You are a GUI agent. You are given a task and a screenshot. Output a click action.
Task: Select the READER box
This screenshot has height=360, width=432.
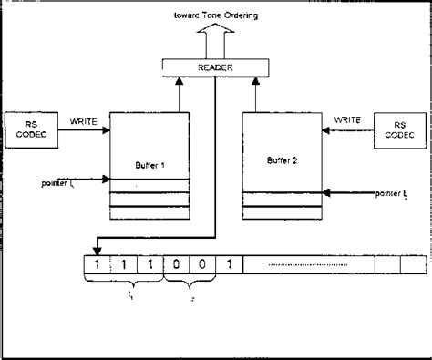coord(215,67)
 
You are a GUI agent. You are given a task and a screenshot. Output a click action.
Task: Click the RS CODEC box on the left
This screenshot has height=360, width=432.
coord(30,131)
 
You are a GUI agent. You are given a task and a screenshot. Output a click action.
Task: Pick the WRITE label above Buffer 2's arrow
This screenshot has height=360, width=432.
coord(348,118)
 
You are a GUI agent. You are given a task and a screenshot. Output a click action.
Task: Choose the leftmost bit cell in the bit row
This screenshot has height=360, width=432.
coord(94,265)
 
